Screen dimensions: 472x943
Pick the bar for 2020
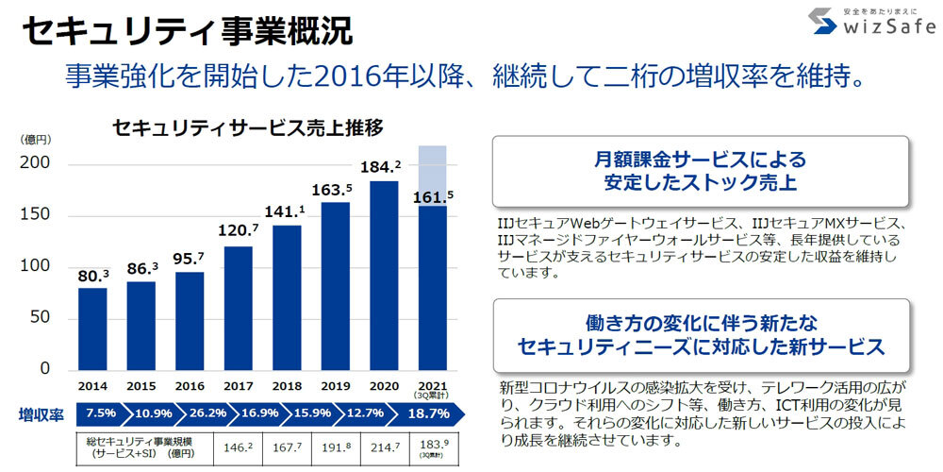point(385,274)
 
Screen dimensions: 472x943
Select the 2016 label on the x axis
point(190,386)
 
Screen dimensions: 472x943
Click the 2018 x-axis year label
point(287,386)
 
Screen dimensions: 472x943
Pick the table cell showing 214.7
point(384,446)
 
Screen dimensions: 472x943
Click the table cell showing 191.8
point(336,446)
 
